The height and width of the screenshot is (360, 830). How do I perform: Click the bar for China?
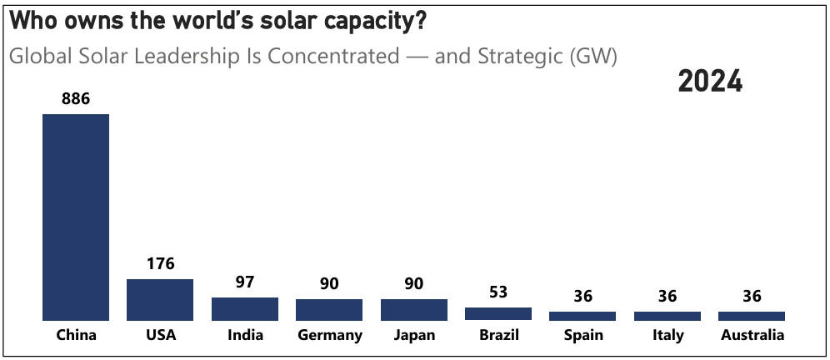[76, 217]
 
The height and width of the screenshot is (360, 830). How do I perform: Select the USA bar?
[160, 299]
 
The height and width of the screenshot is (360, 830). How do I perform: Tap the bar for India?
[244, 308]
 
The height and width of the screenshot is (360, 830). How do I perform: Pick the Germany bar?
[329, 309]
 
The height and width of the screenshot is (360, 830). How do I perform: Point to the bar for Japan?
[413, 309]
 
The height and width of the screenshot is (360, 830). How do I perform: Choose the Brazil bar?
[498, 313]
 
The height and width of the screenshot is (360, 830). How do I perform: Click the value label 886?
[76, 98]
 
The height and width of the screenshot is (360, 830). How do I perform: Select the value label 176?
[160, 263]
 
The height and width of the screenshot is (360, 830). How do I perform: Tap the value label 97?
[244, 282]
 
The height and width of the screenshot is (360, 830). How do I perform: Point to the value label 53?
[498, 292]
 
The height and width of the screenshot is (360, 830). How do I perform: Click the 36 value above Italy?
[667, 296]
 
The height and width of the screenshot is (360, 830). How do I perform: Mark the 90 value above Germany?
[329, 283]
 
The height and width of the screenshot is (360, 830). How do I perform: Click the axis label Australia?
[752, 335]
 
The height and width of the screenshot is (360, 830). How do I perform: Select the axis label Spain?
[582, 335]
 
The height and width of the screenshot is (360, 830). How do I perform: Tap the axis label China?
[76, 335]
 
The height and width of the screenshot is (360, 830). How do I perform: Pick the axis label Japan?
[413, 335]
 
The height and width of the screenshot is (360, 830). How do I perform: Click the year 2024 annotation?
[710, 82]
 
